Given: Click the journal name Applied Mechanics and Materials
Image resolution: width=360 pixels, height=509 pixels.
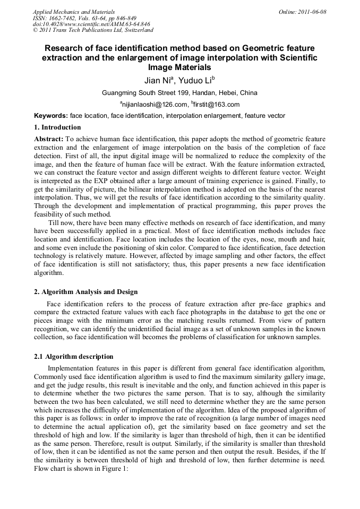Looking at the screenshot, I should point(73,11).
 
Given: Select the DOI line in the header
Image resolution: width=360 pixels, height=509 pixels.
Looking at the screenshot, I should point(91,24).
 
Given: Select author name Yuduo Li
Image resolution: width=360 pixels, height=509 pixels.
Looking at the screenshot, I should point(197,81).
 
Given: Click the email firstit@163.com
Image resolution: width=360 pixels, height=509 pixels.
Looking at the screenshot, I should point(217,105).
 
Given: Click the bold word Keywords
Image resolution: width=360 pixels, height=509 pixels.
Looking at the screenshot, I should point(50,116).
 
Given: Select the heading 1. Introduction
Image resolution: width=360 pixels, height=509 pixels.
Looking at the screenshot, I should point(57,127).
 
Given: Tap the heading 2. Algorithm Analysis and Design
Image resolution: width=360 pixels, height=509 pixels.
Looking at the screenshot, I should point(85,292).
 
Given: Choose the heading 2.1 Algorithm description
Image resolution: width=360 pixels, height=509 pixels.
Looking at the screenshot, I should point(73,357).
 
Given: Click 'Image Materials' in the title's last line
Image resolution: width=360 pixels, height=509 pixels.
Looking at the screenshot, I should point(179,67).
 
